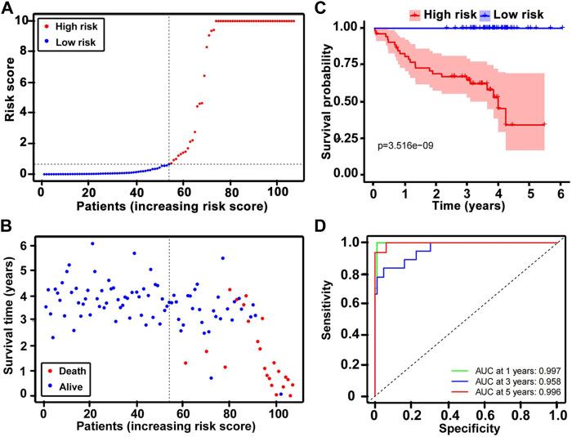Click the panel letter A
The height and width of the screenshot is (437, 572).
pyautogui.click(x=7, y=7)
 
